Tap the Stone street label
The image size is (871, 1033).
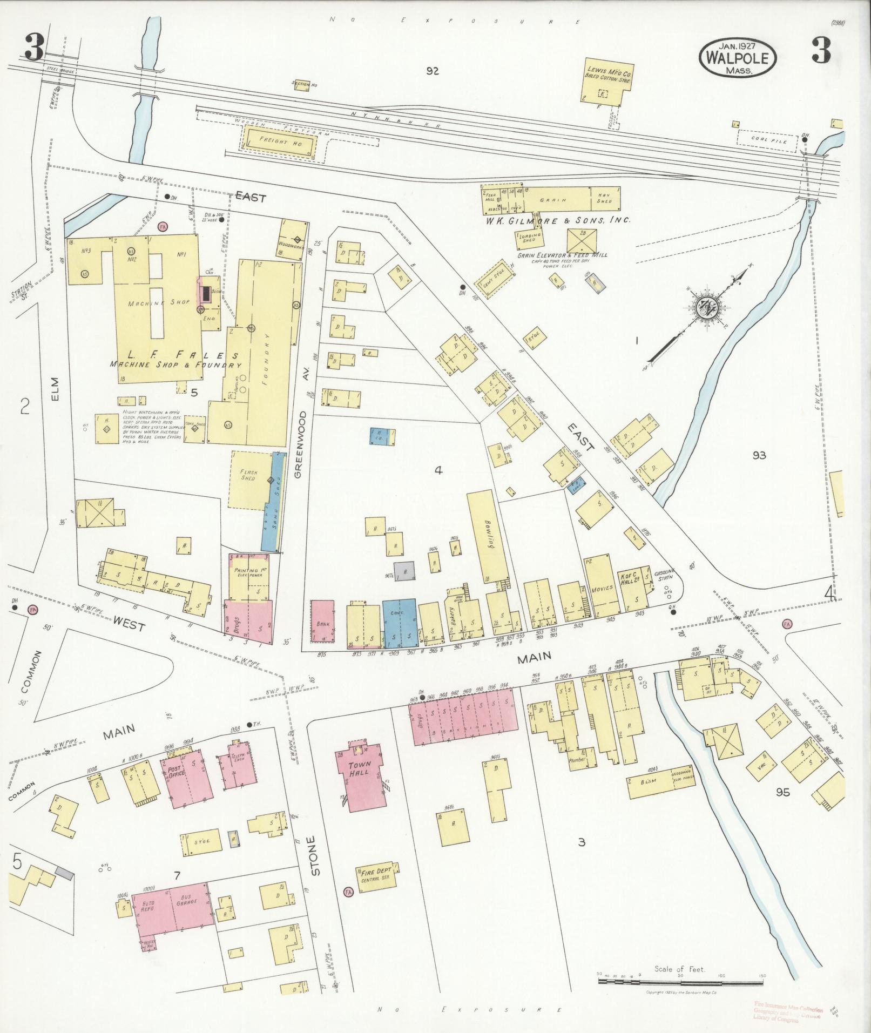(x=316, y=870)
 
